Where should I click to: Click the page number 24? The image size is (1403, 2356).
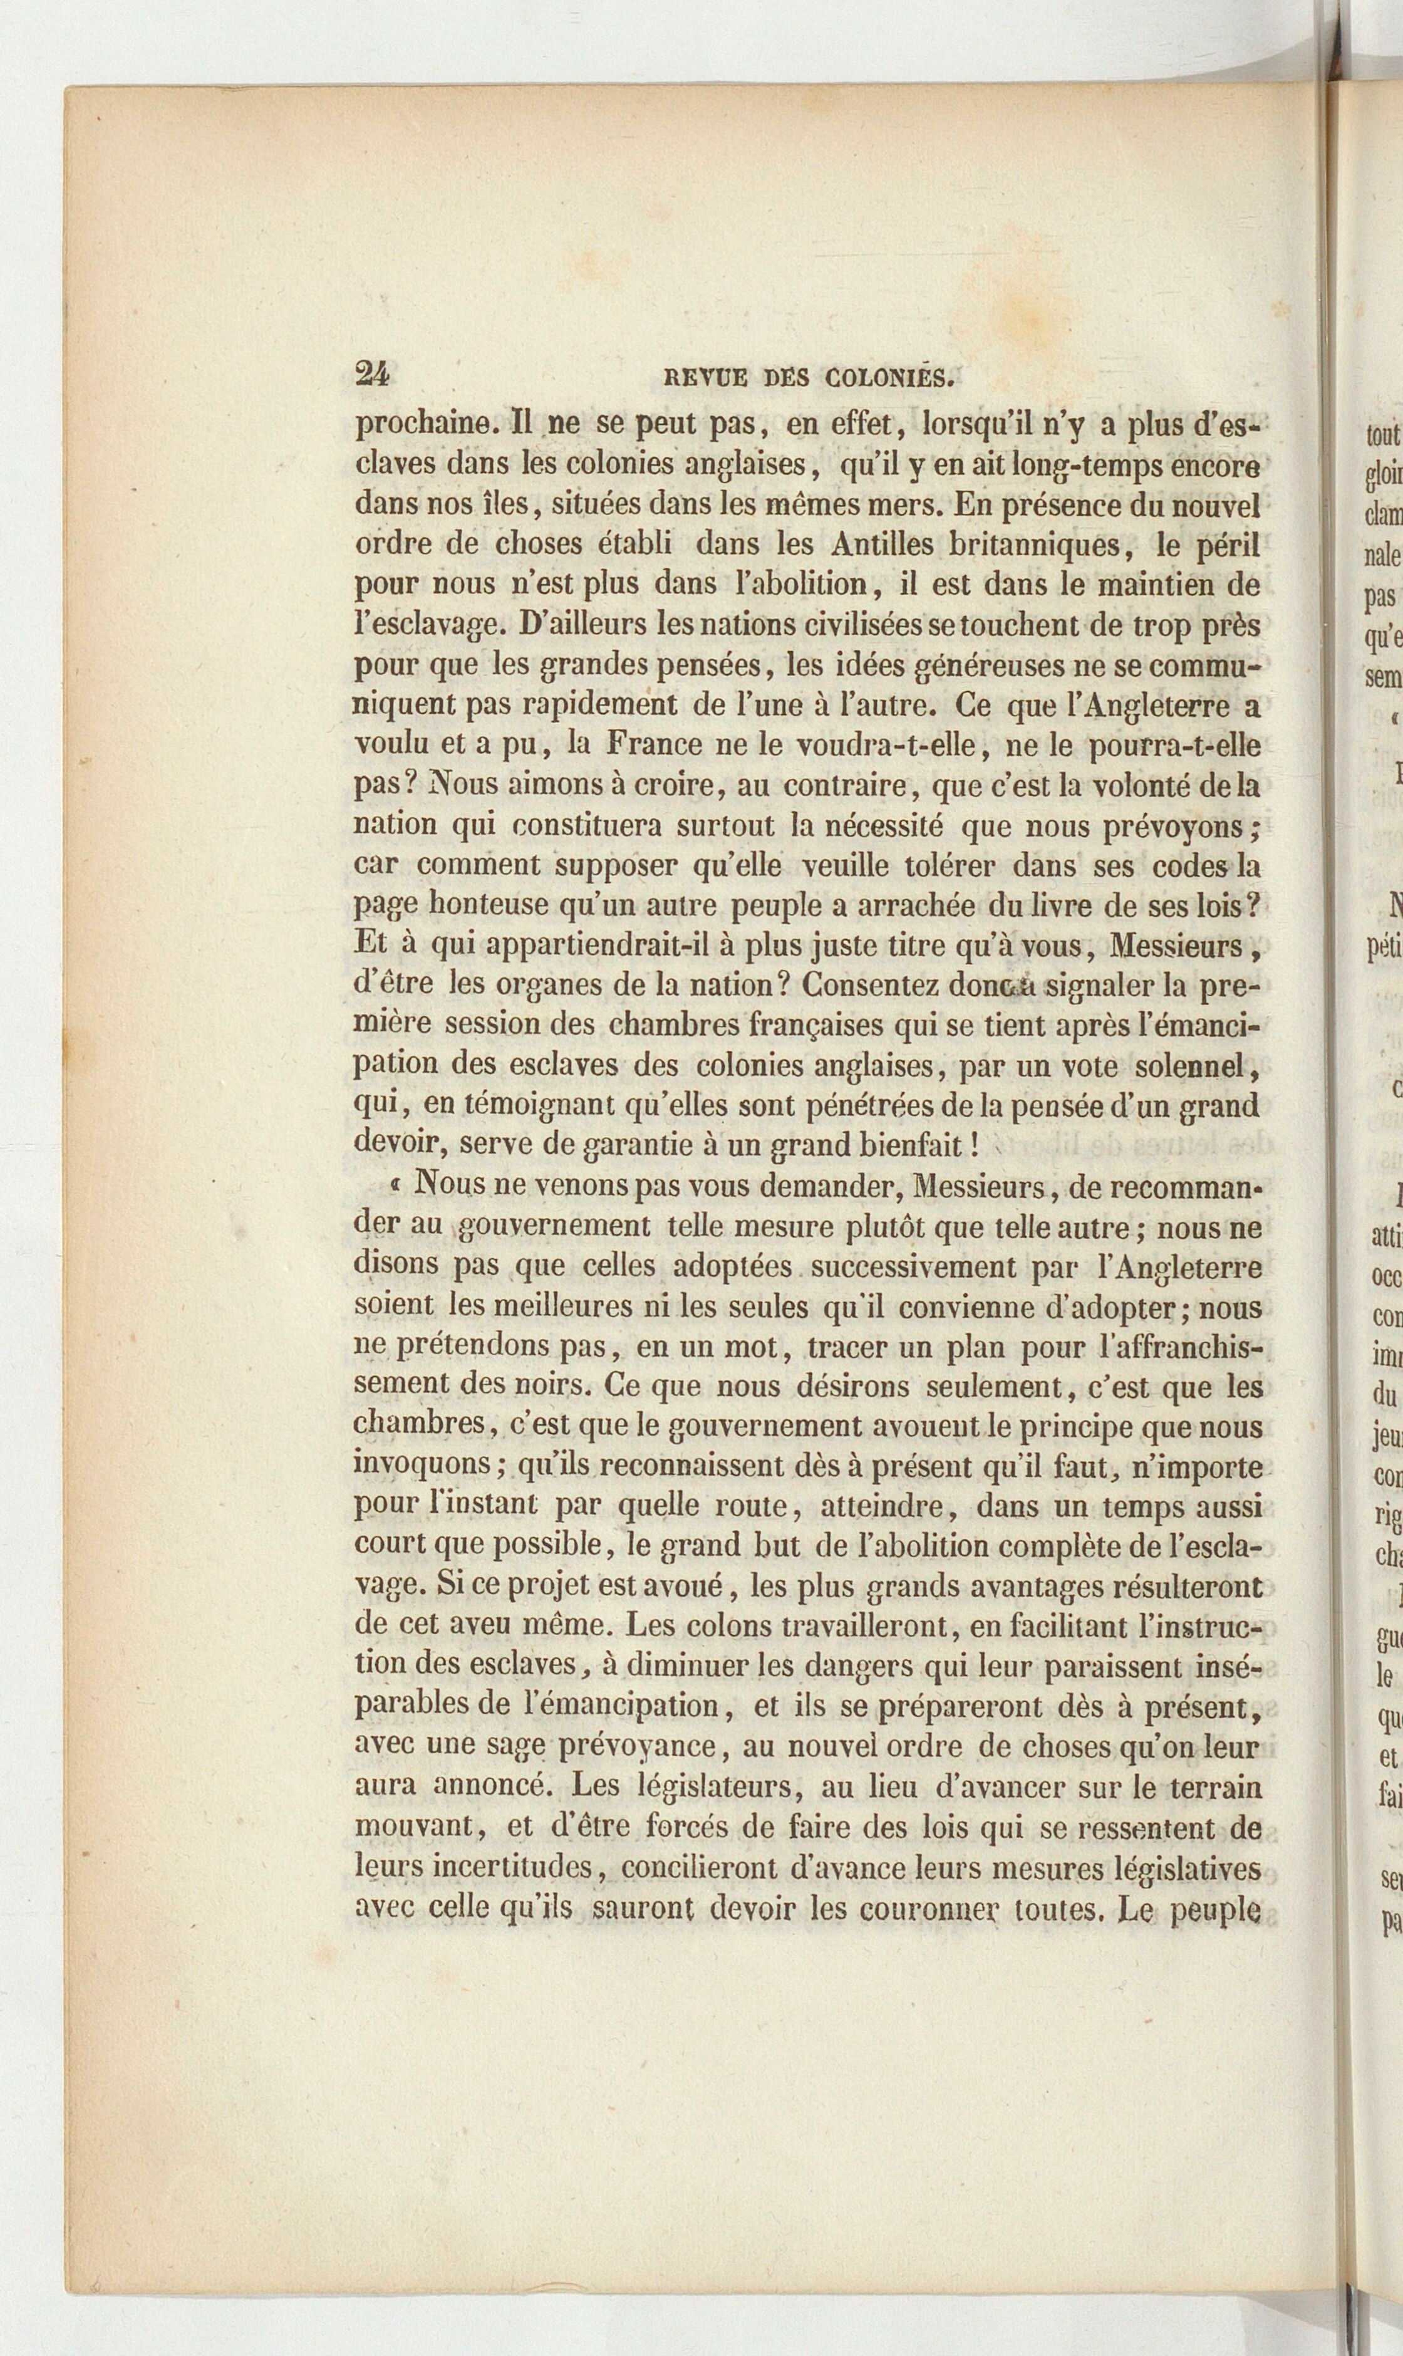pyautogui.click(x=371, y=375)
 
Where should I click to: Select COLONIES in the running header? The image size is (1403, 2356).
pyautogui.click(x=889, y=378)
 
